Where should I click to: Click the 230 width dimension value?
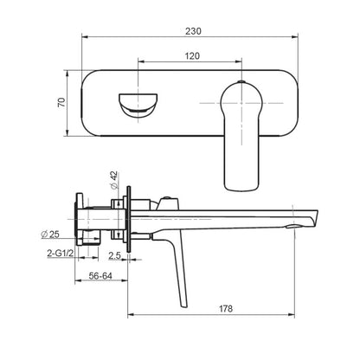click(x=193, y=31)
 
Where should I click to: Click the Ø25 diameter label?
click(x=49, y=234)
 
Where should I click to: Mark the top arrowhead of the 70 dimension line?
click(x=69, y=74)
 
